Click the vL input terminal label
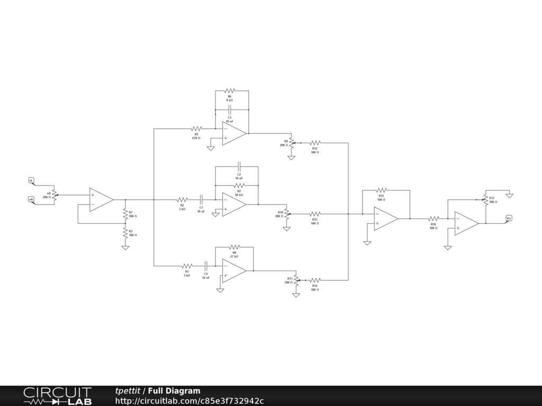(31, 181)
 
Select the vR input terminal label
(31, 199)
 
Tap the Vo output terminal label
(509, 218)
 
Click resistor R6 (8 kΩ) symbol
(230, 91)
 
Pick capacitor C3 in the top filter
(230, 110)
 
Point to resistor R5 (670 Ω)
(196, 128)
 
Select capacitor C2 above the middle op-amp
(239, 167)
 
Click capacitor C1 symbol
(201, 200)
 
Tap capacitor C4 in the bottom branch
(206, 266)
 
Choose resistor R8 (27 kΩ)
(234, 247)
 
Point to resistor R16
(433, 218)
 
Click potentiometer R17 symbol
(485, 199)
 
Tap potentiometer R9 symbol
(291, 143)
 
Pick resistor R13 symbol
(314, 214)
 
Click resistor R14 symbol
(314, 280)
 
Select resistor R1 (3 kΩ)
(187, 266)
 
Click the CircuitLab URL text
(189, 401)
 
